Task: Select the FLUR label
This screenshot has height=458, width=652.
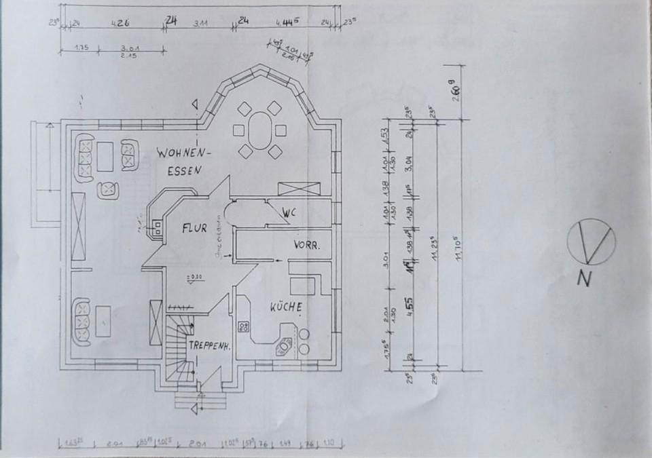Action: point(194,229)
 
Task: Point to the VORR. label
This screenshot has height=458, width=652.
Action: point(306,244)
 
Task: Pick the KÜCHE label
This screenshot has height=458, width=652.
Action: point(285,307)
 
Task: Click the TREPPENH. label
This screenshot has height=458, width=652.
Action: point(211,345)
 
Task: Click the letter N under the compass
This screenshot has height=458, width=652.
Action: point(583,278)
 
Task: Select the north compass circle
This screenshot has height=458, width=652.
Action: point(590,242)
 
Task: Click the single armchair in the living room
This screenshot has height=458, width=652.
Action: point(108,189)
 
